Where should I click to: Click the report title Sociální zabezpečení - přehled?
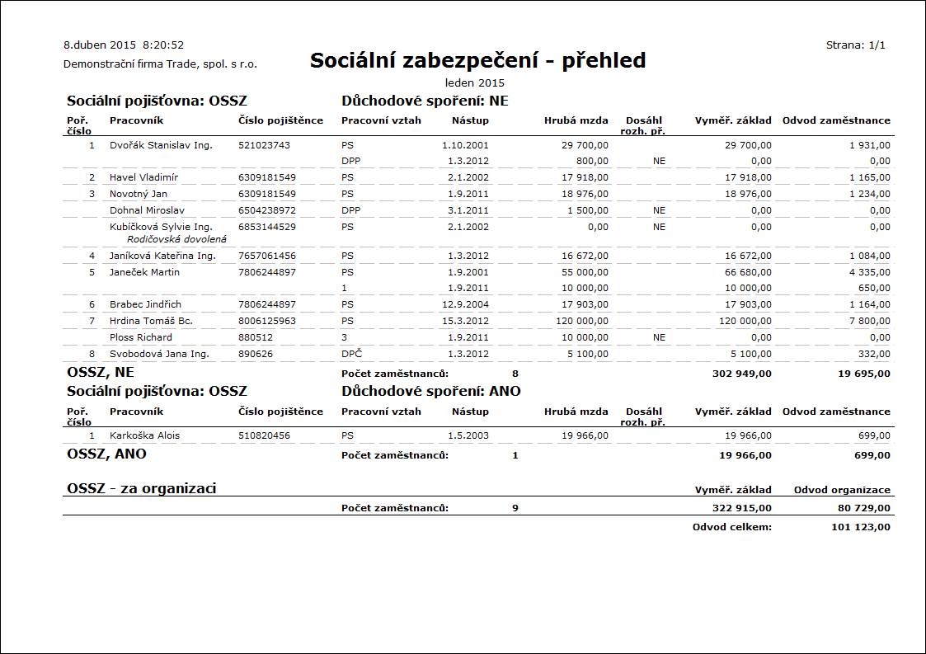point(477,60)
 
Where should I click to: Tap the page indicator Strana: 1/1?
point(855,45)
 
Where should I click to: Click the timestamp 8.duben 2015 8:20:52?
point(124,45)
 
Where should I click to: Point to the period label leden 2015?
point(474,82)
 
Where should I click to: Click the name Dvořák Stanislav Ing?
point(161,145)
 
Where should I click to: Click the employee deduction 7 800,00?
point(869,321)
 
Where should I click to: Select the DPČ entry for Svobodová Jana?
point(352,354)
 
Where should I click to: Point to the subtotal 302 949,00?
point(741,374)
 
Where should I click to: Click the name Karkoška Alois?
point(144,435)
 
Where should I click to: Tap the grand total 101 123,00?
point(861,526)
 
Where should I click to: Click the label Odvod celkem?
point(732,526)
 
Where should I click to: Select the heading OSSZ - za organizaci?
point(141,488)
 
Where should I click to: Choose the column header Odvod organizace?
point(842,490)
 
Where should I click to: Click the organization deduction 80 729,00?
point(863,508)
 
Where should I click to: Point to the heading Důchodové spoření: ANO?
point(431,391)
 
